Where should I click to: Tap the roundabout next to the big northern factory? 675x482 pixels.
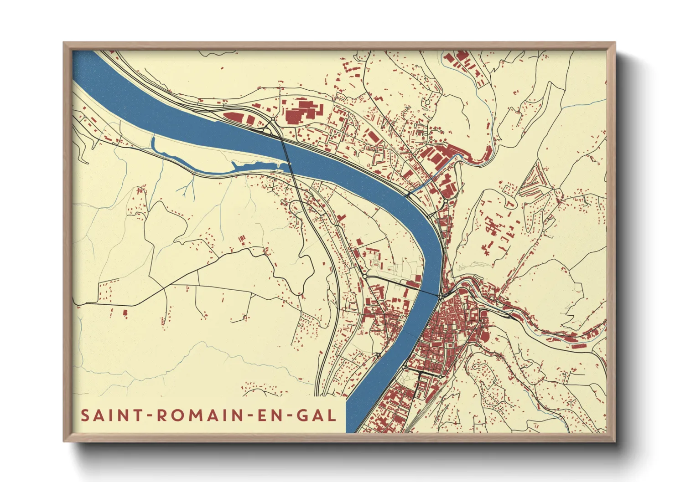(x=273, y=119)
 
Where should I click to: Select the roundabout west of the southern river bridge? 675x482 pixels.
(x=365, y=276)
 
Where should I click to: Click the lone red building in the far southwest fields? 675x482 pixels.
(x=125, y=312)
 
